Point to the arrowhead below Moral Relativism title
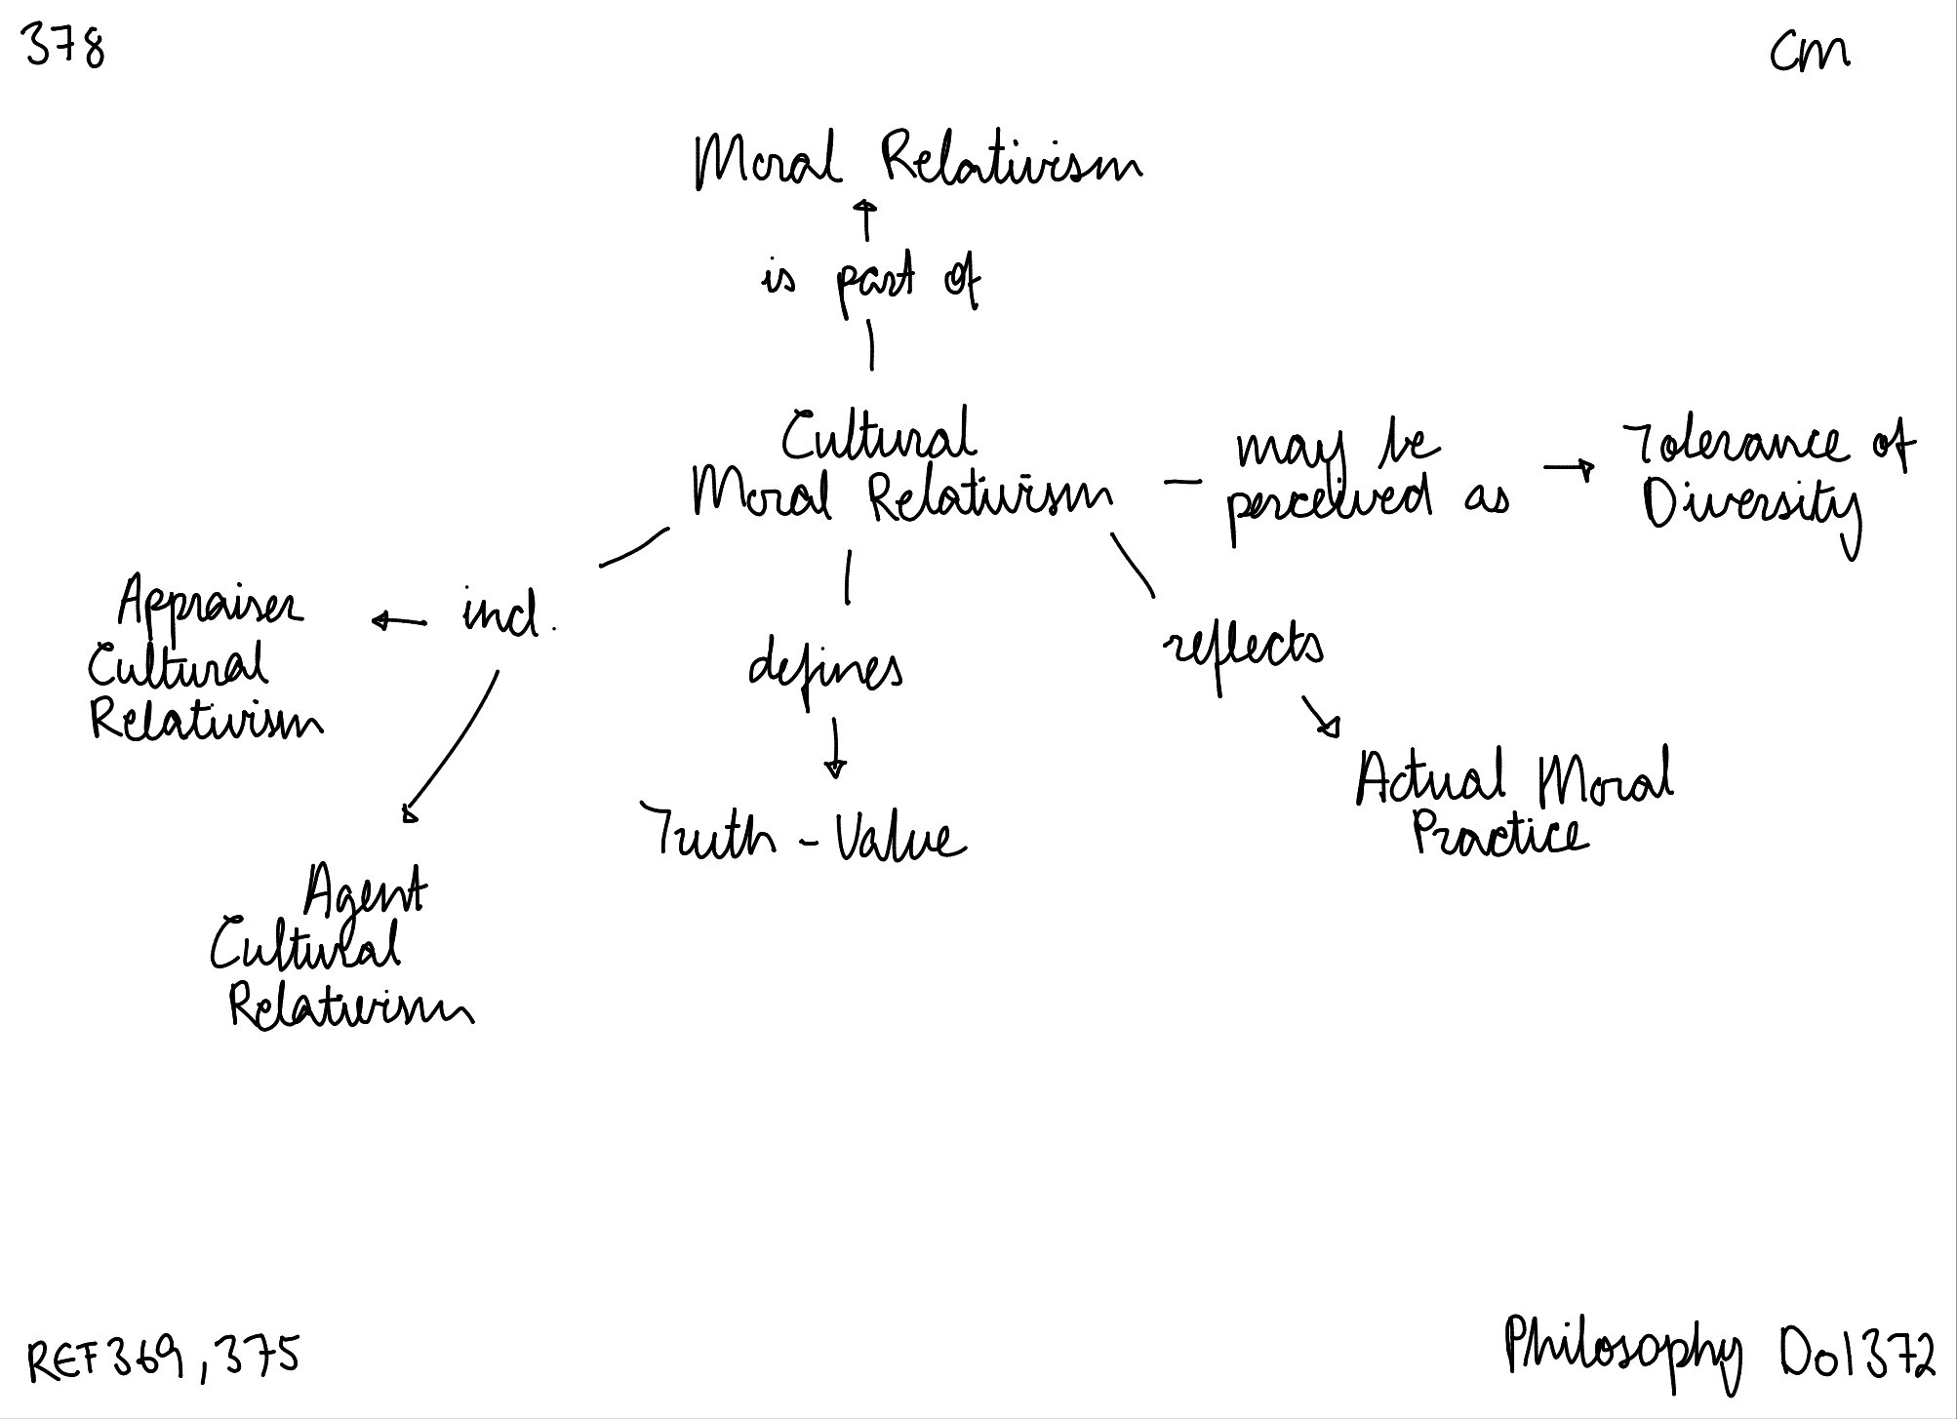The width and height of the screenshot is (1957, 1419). [864, 207]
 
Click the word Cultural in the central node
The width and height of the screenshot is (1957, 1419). [878, 437]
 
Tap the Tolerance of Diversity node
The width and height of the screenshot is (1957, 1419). [1766, 478]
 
